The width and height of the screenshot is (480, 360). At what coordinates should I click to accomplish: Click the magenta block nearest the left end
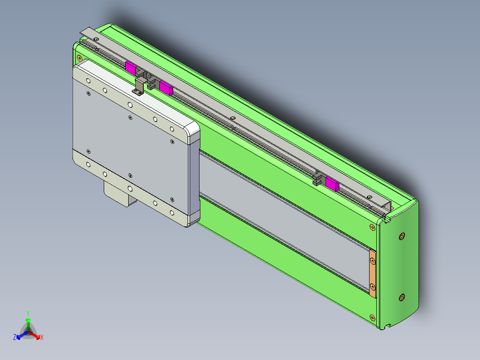pyautogui.click(x=130, y=68)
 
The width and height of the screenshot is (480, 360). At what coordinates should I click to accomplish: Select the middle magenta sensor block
pyautogui.click(x=166, y=88)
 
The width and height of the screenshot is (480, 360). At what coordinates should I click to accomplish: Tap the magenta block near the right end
pyautogui.click(x=332, y=183)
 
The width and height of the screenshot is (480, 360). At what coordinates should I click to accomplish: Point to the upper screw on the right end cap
pyautogui.click(x=402, y=236)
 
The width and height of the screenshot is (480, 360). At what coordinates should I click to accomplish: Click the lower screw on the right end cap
pyautogui.click(x=402, y=297)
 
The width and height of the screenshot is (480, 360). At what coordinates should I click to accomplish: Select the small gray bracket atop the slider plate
pyautogui.click(x=139, y=86)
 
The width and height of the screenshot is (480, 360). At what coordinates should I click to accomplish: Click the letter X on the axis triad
pyautogui.click(x=42, y=338)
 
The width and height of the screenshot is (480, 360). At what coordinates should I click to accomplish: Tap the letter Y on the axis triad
pyautogui.click(x=28, y=313)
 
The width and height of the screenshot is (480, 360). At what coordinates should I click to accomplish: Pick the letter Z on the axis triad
pyautogui.click(x=15, y=338)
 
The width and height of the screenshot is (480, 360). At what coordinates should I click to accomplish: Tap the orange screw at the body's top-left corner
pyautogui.click(x=79, y=58)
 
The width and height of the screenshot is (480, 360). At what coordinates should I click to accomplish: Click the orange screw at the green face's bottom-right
pyautogui.click(x=372, y=317)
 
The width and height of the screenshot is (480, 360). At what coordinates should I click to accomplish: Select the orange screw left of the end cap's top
pyautogui.click(x=372, y=227)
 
